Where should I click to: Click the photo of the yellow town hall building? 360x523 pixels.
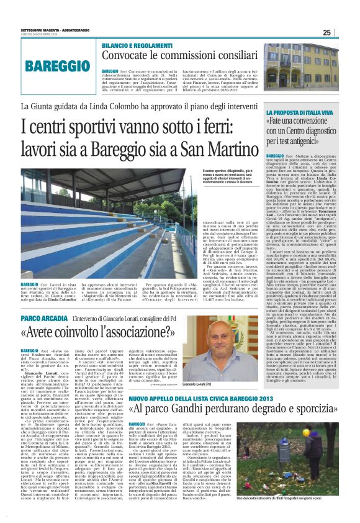click(318, 66)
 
